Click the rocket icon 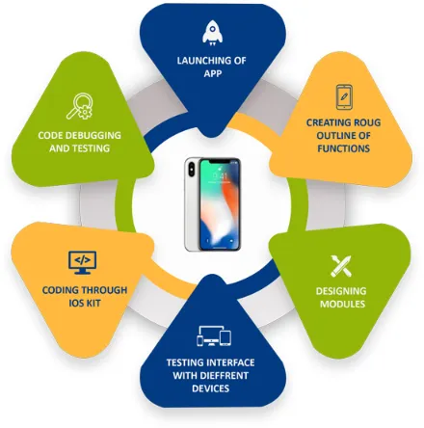pyautogui.click(x=212, y=33)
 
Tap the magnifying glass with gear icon pyautogui.click(x=80, y=106)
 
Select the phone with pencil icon pyautogui.click(x=344, y=97)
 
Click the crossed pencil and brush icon pyautogui.click(x=341, y=266)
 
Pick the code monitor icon pyautogui.click(x=82, y=262)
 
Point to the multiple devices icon pyautogui.click(x=214, y=336)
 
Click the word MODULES pyautogui.click(x=342, y=304)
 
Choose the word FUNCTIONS pyautogui.click(x=343, y=148)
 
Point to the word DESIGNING pyautogui.click(x=341, y=291)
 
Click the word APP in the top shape pyautogui.click(x=213, y=73)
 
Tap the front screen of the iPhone pyautogui.click(x=220, y=204)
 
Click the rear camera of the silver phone pyautogui.click(x=192, y=170)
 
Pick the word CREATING pyautogui.click(x=324, y=122)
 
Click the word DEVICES pyautogui.click(x=210, y=388)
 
